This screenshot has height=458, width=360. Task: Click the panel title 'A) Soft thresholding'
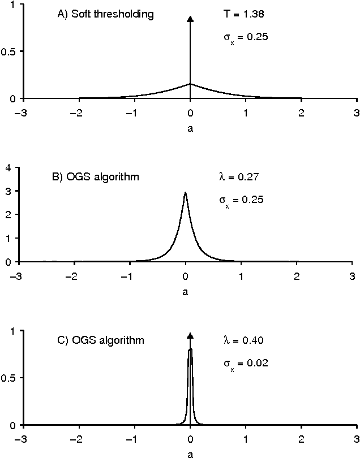(x=105, y=15)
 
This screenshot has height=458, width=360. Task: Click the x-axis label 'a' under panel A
(x=190, y=129)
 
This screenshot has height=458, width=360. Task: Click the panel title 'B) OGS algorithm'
(x=95, y=178)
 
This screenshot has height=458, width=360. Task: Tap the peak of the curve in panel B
(x=186, y=193)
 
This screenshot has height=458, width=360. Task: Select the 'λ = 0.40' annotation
(x=243, y=340)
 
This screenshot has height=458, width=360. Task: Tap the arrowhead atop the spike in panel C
(x=190, y=336)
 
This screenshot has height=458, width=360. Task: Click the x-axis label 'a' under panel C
(x=190, y=453)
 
